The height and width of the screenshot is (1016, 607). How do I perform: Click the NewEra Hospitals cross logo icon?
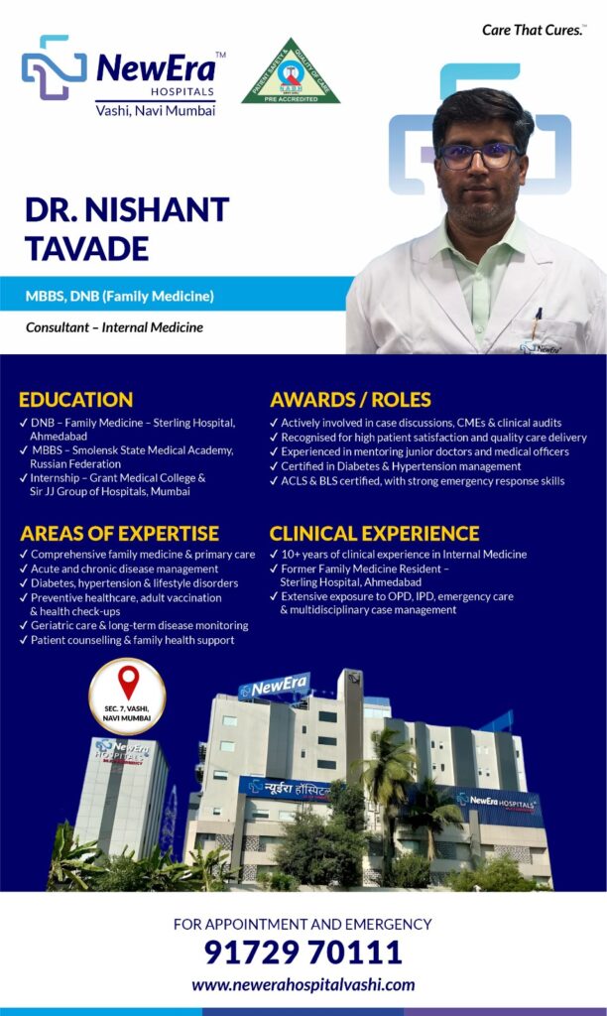54,67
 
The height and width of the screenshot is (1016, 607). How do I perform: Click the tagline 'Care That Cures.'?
534,30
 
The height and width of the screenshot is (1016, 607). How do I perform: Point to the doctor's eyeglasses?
479,156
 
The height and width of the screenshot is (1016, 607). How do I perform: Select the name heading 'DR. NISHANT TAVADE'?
127,229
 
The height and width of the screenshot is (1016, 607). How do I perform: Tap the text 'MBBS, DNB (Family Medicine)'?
120,296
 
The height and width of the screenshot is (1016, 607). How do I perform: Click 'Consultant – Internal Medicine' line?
114,327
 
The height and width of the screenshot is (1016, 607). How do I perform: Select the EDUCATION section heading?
75,399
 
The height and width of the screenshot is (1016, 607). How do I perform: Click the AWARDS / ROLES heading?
350,399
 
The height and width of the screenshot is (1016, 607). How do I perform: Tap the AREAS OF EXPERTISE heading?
119,533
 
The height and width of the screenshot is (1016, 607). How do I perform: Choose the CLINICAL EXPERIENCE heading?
375,533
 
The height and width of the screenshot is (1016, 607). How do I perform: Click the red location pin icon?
128,683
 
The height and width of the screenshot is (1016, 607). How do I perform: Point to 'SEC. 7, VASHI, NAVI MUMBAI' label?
127,713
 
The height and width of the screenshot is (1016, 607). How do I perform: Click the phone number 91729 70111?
303,952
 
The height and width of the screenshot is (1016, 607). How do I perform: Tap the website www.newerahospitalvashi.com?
303,985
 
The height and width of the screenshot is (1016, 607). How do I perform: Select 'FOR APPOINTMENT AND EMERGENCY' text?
303,924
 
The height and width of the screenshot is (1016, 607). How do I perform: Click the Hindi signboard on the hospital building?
290,789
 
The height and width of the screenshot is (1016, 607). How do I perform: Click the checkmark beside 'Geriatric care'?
24,625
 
